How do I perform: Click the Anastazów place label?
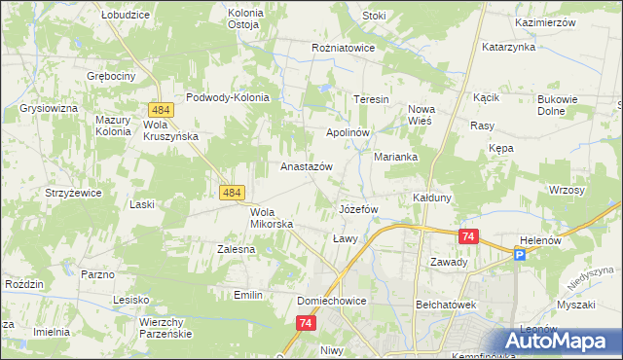point(307,166)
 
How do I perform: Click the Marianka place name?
point(396,156)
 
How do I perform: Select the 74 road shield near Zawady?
point(469,236)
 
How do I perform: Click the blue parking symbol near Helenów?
point(520,254)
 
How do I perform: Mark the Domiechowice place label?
point(332,302)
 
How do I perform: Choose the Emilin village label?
point(249,294)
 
